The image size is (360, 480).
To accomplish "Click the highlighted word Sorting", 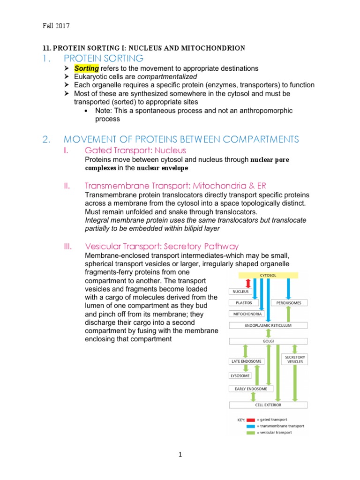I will [x=86, y=68].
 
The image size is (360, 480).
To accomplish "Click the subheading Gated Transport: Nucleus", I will [x=135, y=150].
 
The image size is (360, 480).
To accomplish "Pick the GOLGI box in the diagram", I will [x=268, y=342].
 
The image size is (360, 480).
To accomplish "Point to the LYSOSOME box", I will [x=240, y=375].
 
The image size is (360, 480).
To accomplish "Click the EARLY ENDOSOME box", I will [x=248, y=389].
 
